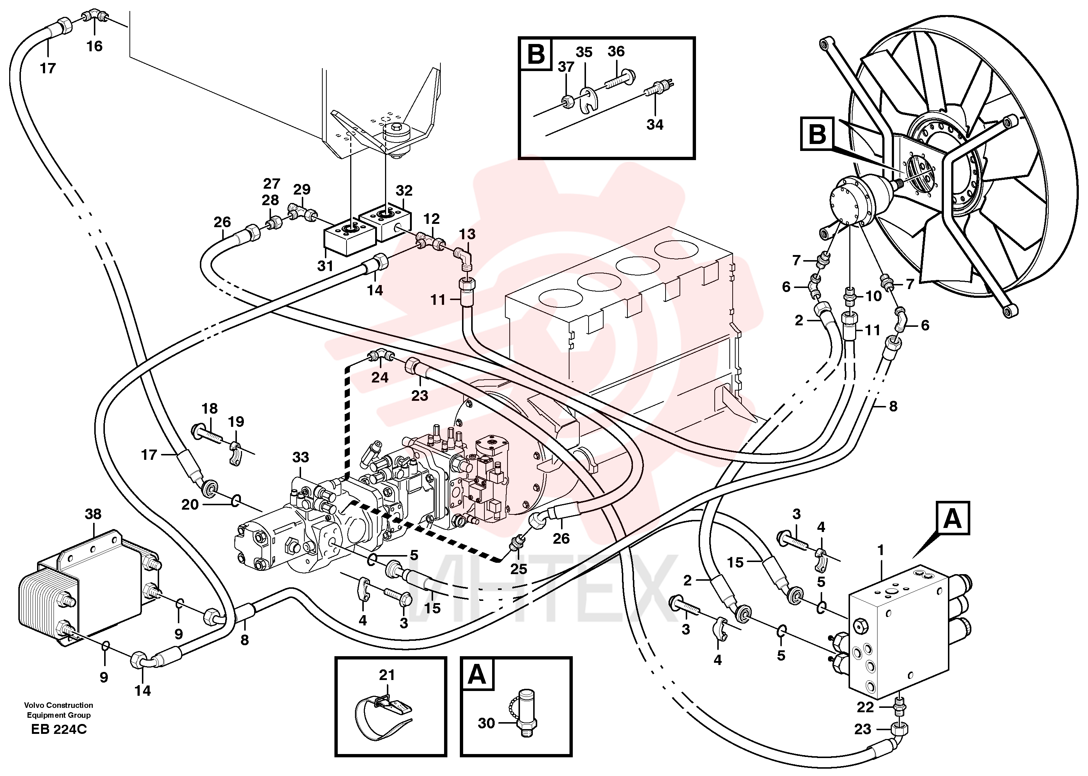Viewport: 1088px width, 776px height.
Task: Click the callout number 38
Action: pyautogui.click(x=93, y=514)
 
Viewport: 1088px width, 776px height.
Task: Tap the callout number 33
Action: pyautogui.click(x=300, y=457)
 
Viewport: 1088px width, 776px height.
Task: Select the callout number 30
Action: pyautogui.click(x=486, y=723)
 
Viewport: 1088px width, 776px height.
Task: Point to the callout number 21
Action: pyautogui.click(x=387, y=675)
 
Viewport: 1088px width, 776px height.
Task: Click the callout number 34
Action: pyautogui.click(x=655, y=124)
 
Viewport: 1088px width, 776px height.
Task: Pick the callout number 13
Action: pyautogui.click(x=467, y=234)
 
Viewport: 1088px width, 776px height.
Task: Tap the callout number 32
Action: pyautogui.click(x=404, y=191)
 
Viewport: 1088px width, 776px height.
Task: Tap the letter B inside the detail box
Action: pyautogui.click(x=536, y=55)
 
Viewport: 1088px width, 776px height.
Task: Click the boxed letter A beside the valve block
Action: pyautogui.click(x=953, y=518)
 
